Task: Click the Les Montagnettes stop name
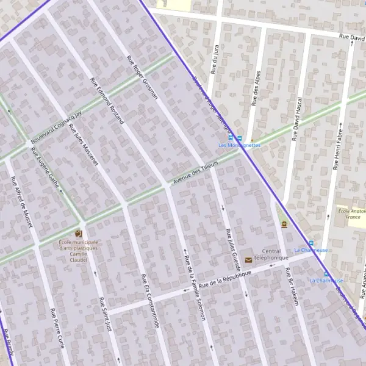240,145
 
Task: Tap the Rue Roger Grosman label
142,77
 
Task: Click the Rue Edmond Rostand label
107,101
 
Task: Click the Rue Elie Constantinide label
150,302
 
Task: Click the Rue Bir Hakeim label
293,286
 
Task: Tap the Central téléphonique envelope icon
248,260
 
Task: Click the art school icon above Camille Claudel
77,234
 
